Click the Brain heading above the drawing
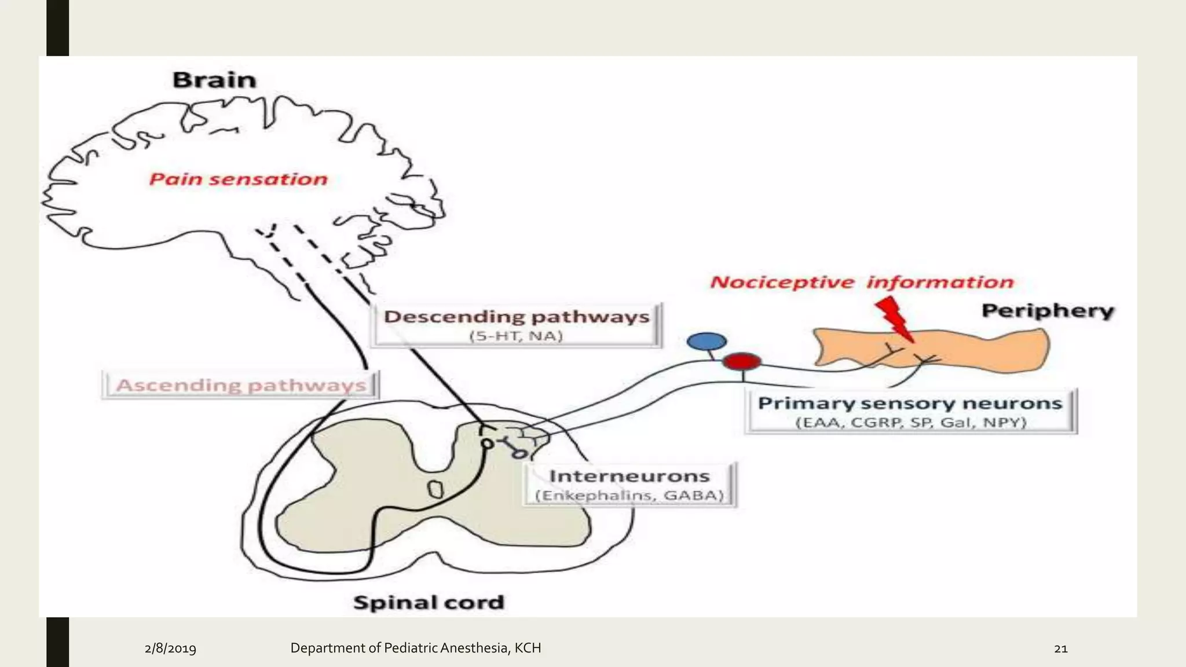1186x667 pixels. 214,80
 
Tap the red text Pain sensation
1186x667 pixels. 238,179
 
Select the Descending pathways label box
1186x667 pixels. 516,324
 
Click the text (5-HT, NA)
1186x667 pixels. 516,336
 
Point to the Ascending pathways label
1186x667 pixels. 241,386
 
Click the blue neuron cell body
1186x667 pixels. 707,342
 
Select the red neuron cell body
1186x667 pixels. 742,362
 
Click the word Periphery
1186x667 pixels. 1048,311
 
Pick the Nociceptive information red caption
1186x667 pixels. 862,283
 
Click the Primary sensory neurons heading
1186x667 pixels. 910,404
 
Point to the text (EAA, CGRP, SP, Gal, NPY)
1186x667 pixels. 910,423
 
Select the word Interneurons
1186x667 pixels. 629,477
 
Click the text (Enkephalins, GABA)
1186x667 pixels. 629,496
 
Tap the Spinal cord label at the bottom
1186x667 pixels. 429,603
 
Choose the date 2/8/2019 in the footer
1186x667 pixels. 170,648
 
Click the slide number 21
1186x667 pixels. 1060,648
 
